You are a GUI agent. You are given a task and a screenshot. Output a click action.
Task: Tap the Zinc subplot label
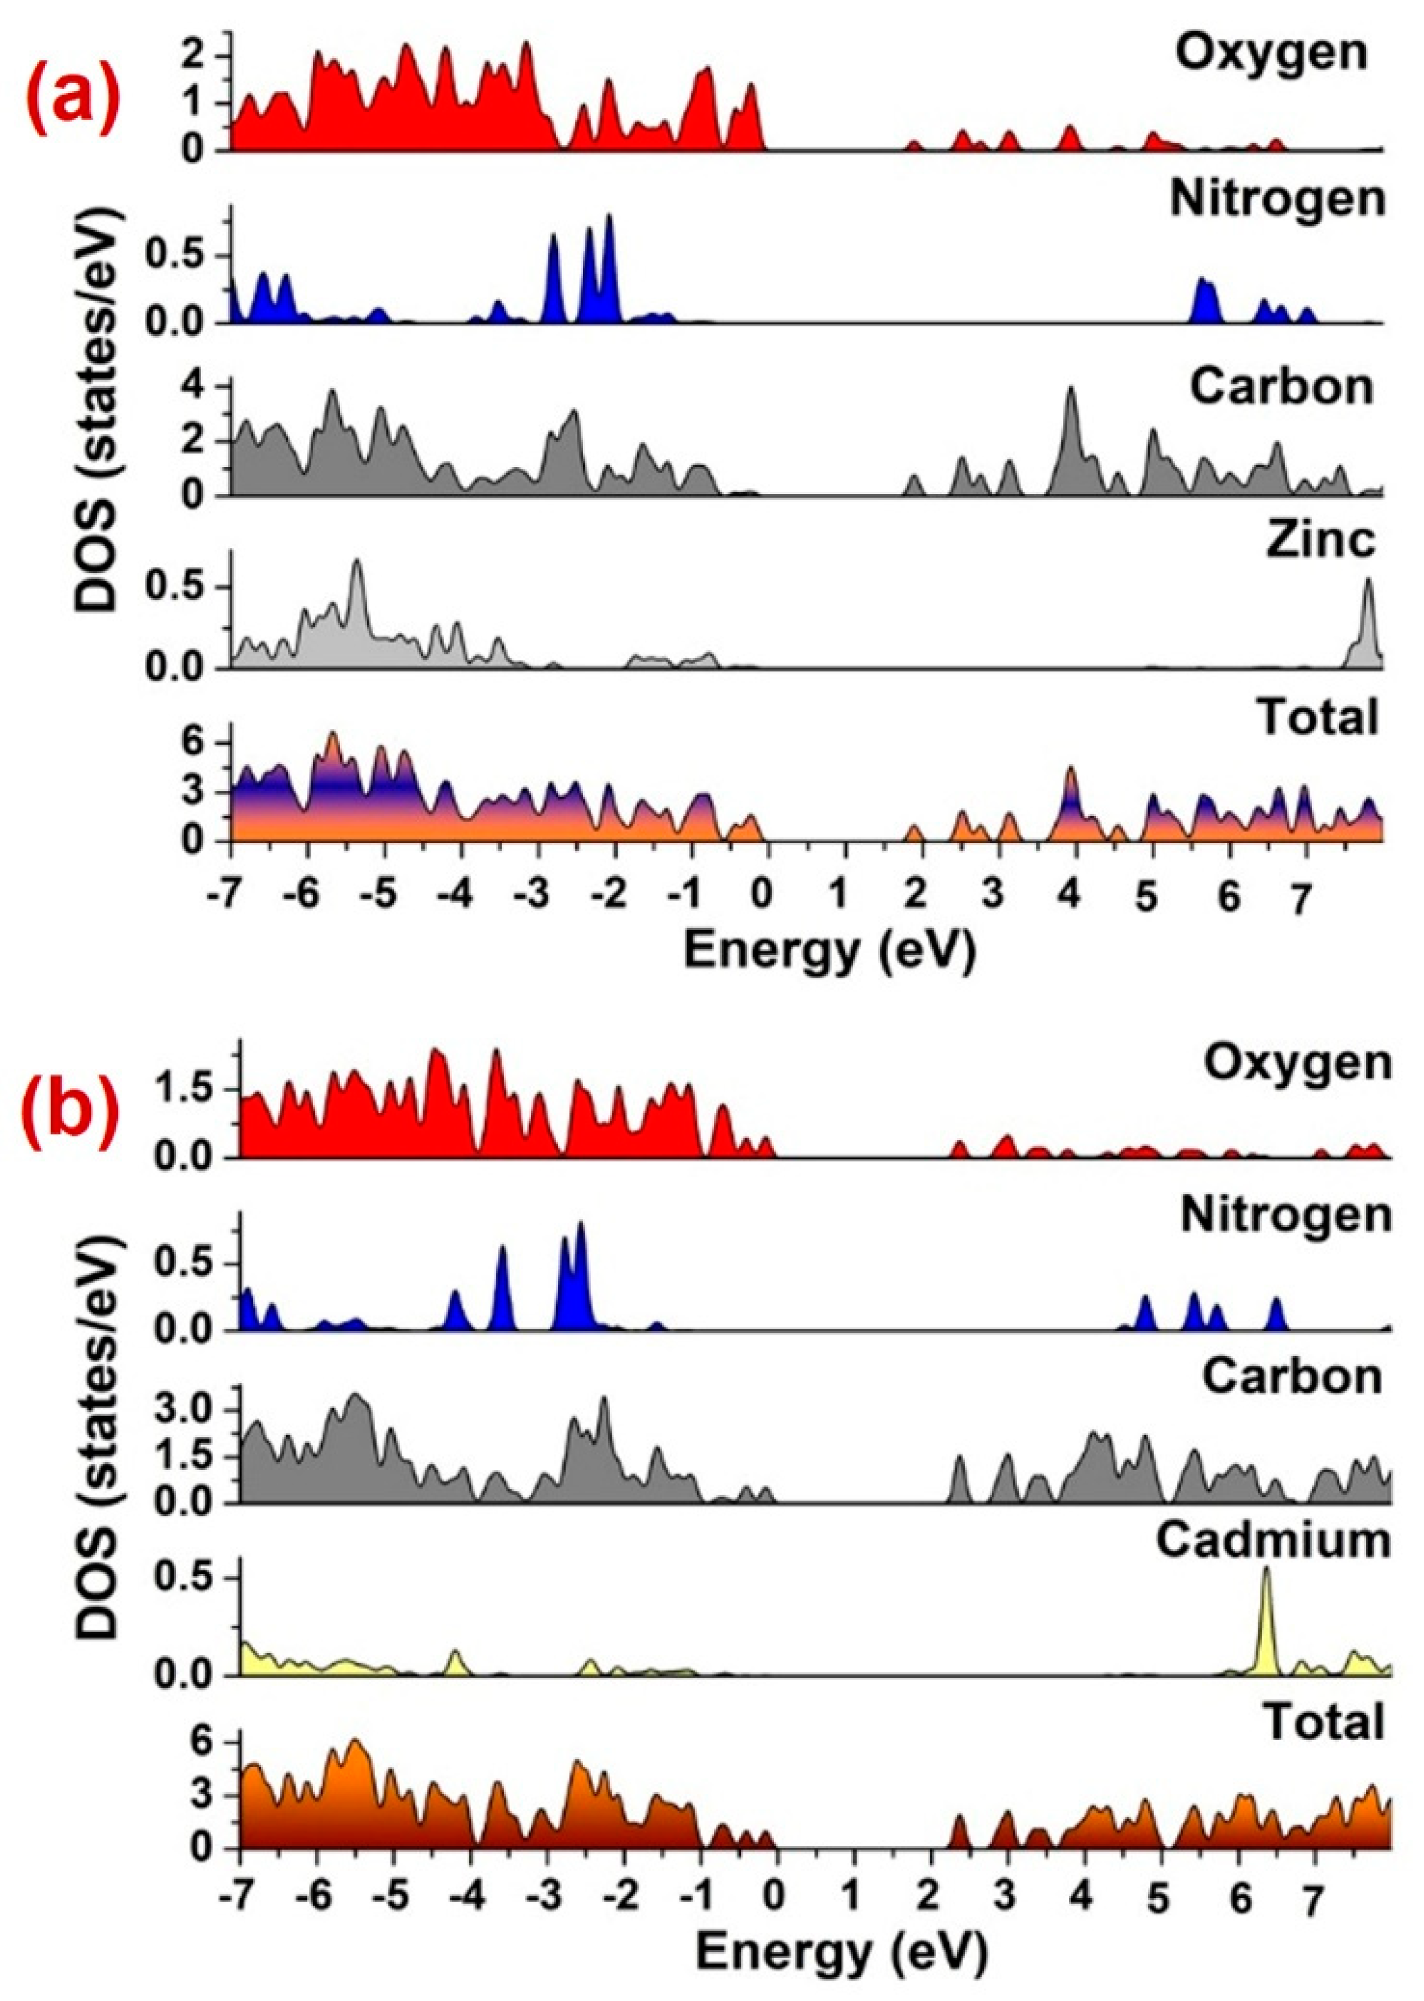pos(1320,541)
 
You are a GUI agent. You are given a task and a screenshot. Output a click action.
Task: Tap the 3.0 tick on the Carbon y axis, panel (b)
pos(205,1411)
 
